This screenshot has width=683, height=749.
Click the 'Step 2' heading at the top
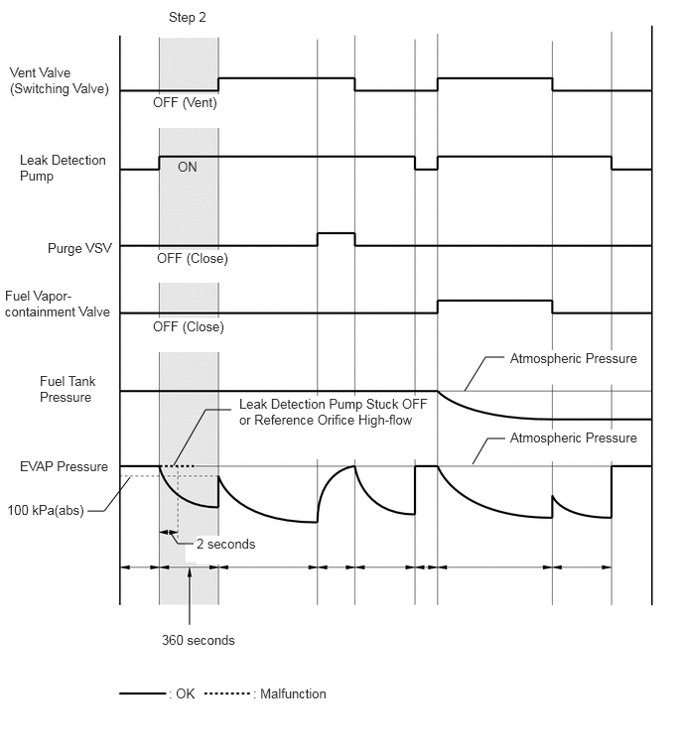click(x=188, y=18)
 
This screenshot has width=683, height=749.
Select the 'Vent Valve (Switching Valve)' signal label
click(x=60, y=80)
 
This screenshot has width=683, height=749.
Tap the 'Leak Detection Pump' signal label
click(x=63, y=168)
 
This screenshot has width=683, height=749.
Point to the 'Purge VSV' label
click(x=79, y=248)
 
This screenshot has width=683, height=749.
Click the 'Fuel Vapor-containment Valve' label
click(x=58, y=304)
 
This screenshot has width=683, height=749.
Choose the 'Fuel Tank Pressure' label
click(x=68, y=389)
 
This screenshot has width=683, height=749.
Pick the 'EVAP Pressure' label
click(x=65, y=466)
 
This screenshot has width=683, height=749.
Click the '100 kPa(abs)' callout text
click(x=46, y=511)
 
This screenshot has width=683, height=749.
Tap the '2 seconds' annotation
click(x=226, y=544)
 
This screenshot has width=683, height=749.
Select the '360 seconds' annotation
click(x=199, y=640)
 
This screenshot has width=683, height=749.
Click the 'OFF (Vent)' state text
click(x=185, y=103)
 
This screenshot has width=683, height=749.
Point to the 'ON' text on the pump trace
click(x=188, y=167)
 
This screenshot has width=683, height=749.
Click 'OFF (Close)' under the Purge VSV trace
click(x=193, y=258)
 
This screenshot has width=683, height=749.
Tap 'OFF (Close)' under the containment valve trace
click(x=189, y=326)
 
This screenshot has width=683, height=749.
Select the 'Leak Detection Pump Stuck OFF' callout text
click(x=334, y=404)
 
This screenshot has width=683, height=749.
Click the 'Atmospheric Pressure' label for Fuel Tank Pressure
click(x=574, y=358)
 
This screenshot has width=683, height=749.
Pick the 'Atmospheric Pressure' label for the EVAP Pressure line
click(x=574, y=437)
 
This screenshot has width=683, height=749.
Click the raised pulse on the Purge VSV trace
click(x=336, y=233)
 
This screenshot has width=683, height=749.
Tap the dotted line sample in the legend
click(x=227, y=693)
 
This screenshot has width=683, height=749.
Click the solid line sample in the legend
click(x=142, y=693)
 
